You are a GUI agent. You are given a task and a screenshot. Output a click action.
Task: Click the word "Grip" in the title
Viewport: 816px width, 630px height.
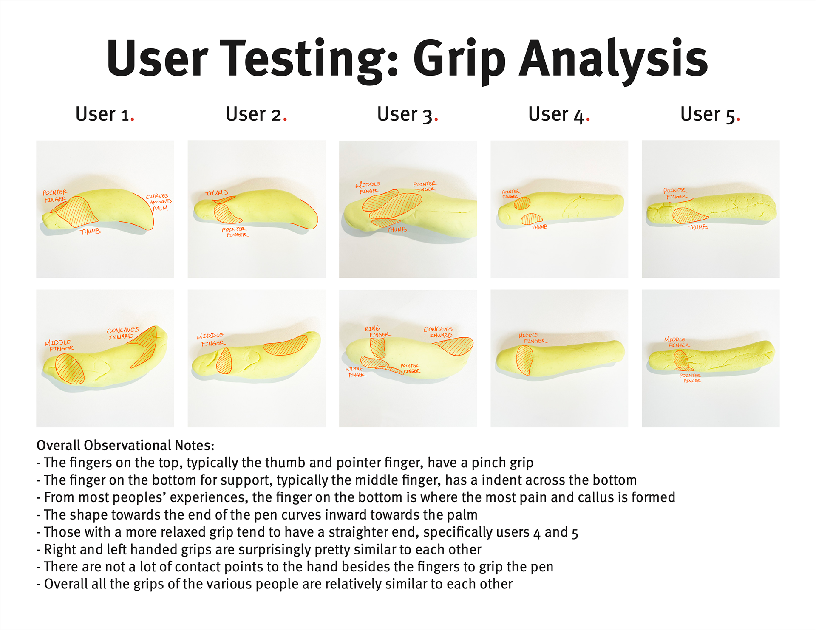point(459,60)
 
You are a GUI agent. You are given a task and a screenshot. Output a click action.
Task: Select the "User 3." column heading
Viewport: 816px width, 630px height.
point(408,114)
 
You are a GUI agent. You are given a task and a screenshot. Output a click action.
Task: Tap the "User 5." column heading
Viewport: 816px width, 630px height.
point(710,114)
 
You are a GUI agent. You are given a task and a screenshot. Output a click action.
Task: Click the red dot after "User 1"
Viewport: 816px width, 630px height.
point(133,120)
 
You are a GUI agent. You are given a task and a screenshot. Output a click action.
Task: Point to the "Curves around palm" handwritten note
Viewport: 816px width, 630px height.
point(159,202)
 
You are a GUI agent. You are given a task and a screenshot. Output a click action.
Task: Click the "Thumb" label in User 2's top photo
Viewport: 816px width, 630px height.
point(217,193)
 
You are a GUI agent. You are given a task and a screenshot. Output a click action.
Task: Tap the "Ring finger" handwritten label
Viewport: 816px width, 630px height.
point(377,332)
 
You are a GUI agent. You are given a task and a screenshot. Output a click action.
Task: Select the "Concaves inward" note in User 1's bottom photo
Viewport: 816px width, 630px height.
point(122,333)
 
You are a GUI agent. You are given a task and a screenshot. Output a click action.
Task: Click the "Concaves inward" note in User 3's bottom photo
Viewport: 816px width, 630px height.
point(438,332)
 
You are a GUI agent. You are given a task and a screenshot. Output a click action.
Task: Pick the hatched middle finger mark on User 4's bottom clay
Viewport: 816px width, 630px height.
point(524,360)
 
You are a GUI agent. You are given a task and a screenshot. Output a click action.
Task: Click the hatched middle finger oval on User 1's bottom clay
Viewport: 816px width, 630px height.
point(70,369)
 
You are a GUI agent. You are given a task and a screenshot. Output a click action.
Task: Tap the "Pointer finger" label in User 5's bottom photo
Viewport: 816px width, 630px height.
point(690,378)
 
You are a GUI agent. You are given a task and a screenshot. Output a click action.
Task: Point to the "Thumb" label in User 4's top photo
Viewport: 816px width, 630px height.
point(540,227)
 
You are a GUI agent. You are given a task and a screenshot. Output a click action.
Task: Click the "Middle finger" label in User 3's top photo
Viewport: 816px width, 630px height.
point(368,187)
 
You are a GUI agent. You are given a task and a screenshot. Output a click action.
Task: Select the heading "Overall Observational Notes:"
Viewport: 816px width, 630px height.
point(125,445)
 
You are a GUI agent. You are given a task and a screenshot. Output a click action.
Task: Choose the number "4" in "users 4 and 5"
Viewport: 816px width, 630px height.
point(537,533)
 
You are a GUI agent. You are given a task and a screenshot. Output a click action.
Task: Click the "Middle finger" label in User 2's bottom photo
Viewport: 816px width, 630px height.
point(211,339)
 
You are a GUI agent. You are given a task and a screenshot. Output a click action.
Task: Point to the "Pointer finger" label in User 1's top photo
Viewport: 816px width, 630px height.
point(55,196)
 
